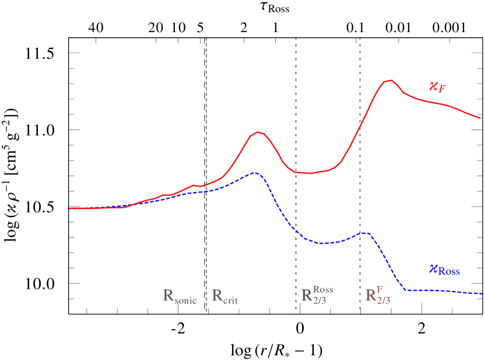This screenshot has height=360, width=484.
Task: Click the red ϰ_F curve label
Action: (x=437, y=88)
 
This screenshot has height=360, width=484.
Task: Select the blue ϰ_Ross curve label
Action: (x=444, y=270)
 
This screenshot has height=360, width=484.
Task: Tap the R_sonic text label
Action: (x=180, y=296)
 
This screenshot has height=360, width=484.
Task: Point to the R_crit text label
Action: (x=225, y=296)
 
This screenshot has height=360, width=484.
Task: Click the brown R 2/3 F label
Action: (x=378, y=295)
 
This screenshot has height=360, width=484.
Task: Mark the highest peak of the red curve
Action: (x=390, y=81)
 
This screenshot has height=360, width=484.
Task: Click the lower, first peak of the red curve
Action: (x=258, y=132)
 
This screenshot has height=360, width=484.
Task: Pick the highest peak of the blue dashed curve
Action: (x=254, y=173)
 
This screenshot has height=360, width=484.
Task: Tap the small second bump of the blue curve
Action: (x=364, y=232)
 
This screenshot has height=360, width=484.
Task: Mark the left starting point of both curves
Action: (x=69, y=208)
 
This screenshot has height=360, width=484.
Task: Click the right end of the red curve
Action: (x=480, y=118)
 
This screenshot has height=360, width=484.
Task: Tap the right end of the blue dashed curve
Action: (x=481, y=293)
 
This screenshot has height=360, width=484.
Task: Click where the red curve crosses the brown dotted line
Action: (x=360, y=125)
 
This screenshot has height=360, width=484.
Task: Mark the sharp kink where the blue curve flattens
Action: (x=406, y=289)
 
